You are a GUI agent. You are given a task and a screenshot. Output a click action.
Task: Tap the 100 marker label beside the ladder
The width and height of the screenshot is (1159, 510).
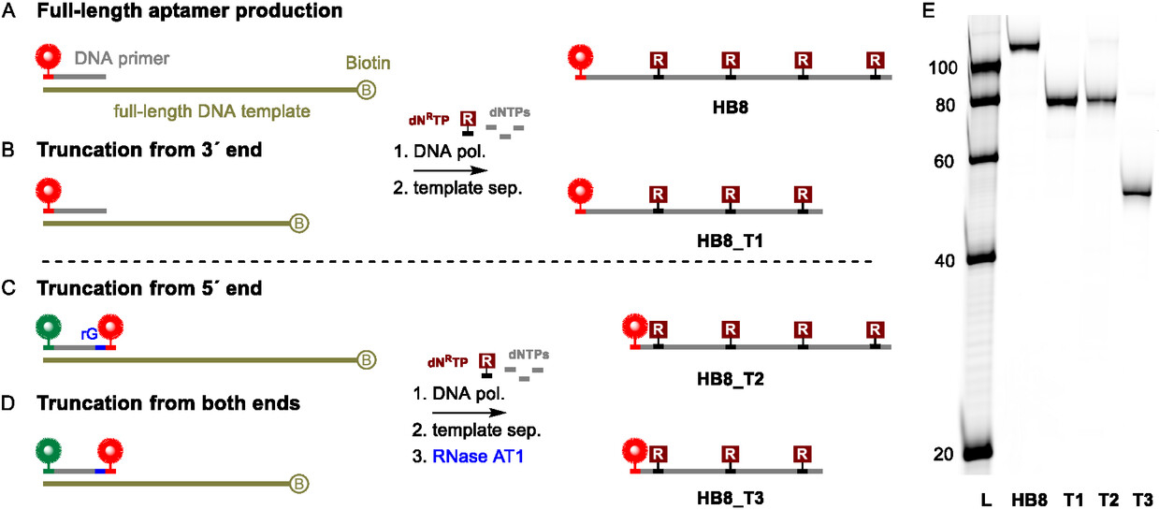pyautogui.click(x=941, y=68)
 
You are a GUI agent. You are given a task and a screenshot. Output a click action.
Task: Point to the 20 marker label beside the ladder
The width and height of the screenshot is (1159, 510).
pyautogui.click(x=945, y=454)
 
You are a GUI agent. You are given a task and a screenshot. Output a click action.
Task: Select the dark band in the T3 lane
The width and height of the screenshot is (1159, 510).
pyautogui.click(x=1136, y=193)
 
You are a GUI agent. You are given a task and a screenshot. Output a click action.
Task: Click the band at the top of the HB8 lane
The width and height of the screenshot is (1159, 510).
pyautogui.click(x=1037, y=47)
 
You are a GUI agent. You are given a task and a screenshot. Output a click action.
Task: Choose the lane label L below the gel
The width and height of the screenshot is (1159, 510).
pyautogui.click(x=985, y=499)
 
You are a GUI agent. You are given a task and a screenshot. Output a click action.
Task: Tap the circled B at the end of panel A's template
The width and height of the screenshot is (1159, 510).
pyautogui.click(x=367, y=91)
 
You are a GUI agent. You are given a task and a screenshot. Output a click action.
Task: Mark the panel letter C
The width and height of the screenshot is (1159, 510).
pyautogui.click(x=10, y=289)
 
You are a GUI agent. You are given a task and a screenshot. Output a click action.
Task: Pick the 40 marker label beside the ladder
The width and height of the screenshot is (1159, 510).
pyautogui.click(x=945, y=260)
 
